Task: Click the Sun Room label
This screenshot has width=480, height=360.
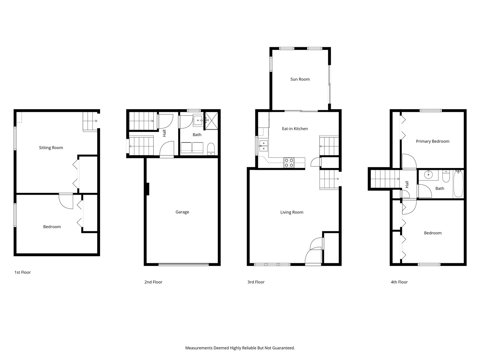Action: point(300,79)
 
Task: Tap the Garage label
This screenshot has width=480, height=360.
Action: point(182,212)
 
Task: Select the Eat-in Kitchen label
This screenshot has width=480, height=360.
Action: point(295,129)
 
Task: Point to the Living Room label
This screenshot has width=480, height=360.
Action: point(292,212)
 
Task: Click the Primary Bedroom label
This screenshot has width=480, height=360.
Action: point(432,141)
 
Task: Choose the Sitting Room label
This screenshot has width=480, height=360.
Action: point(51,148)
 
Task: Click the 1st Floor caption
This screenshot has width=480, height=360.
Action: point(22,272)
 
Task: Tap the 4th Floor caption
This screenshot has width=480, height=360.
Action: point(399,282)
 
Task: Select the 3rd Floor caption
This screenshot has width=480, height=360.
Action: point(256,282)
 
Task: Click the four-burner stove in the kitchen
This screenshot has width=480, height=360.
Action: point(289,162)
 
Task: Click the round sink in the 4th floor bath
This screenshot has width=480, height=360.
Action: point(429,175)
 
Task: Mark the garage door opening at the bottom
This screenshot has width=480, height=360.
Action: point(183,264)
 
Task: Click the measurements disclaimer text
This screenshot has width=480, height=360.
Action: point(240,348)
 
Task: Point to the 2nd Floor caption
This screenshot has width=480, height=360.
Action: point(153,282)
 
